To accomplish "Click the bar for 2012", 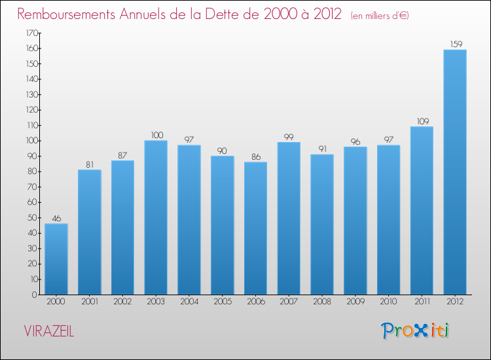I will (x=455, y=172).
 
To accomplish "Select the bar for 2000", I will (x=56, y=259).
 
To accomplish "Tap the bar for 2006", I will (x=255, y=228).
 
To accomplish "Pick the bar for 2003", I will (x=156, y=217).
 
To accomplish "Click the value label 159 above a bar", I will (x=455, y=44).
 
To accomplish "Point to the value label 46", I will (x=56, y=218).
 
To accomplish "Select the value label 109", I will (x=422, y=121).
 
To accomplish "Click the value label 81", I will (x=90, y=164).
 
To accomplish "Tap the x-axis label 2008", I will (x=322, y=302).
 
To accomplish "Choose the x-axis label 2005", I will (x=222, y=302).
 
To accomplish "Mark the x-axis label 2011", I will (x=422, y=302).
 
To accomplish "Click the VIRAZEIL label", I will (x=49, y=331).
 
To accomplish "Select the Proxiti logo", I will (x=415, y=331).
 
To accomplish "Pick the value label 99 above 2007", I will (x=289, y=136).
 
